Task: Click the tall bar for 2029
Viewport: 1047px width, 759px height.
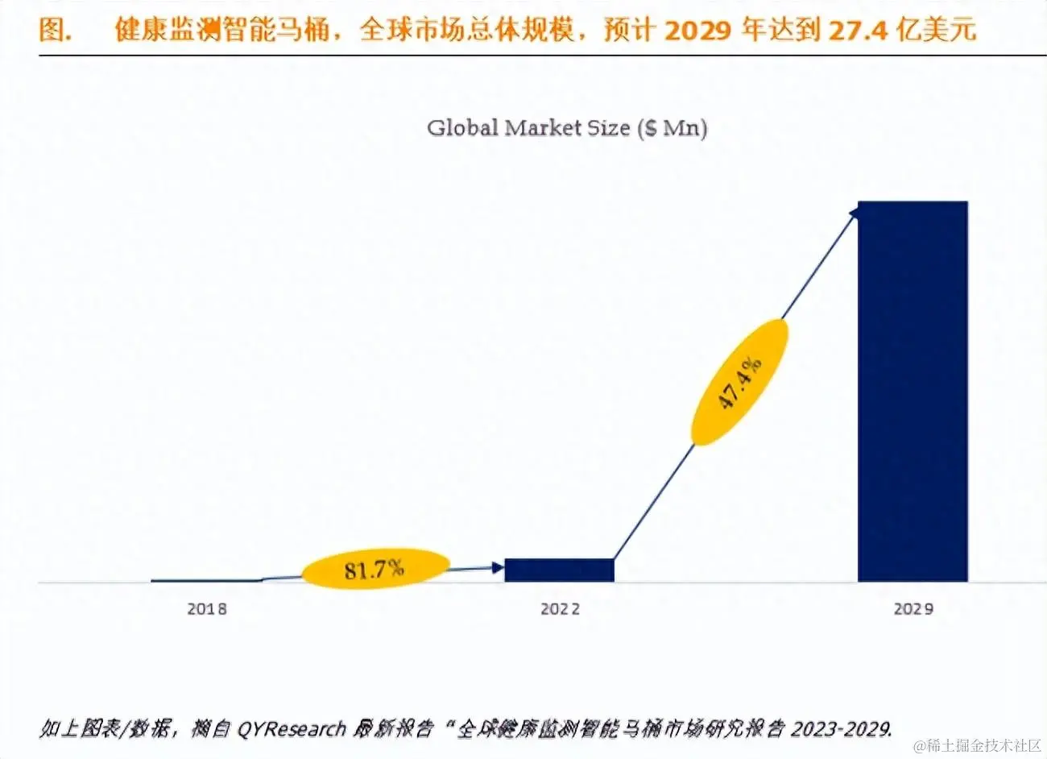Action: point(912,391)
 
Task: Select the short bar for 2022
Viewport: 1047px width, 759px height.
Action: point(559,570)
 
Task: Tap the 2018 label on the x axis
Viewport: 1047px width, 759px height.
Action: point(207,609)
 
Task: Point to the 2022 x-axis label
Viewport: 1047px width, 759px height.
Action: point(560,609)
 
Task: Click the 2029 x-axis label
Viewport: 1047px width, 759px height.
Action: point(913,609)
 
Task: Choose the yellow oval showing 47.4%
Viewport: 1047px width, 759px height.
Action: point(740,382)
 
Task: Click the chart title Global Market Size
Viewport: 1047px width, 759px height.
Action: point(567,128)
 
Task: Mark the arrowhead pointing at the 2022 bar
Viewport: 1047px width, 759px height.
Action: point(497,568)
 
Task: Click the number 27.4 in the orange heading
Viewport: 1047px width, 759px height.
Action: point(859,31)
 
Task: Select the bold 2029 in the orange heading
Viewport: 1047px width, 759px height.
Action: point(698,31)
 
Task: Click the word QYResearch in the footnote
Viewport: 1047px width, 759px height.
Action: point(291,729)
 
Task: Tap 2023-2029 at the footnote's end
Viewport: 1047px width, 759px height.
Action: point(841,729)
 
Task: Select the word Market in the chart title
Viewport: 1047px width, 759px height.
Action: point(542,128)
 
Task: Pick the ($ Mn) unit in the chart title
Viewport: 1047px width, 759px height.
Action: point(672,128)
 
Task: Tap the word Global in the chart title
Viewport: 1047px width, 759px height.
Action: point(462,128)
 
